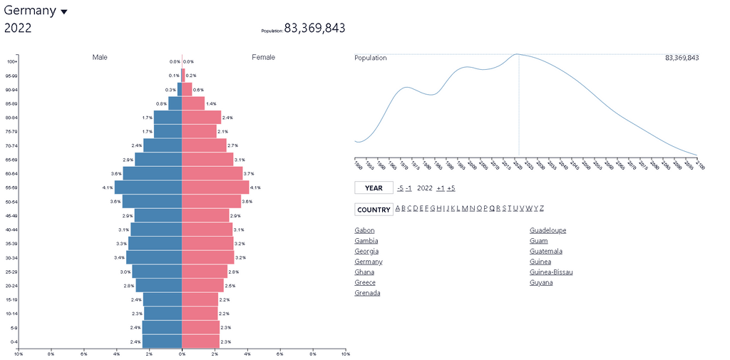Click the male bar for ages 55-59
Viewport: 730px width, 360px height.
tap(148, 187)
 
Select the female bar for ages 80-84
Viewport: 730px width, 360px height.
tap(201, 118)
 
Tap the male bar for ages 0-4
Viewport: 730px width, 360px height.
tap(162, 342)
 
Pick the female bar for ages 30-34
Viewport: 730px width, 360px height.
tap(208, 257)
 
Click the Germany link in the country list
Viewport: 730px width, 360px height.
tap(368, 262)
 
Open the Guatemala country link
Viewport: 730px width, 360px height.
tap(545, 251)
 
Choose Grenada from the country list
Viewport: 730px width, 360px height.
tap(367, 293)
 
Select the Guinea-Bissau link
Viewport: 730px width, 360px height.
tap(551, 272)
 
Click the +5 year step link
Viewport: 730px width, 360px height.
tap(451, 188)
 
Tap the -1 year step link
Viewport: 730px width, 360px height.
tap(408, 188)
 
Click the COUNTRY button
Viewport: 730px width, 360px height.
tap(374, 210)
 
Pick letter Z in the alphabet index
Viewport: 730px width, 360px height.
tap(542, 208)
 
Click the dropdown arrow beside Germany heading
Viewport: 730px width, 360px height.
tap(64, 12)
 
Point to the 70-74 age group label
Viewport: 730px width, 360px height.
tap(11, 146)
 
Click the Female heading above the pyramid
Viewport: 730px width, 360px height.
tap(263, 57)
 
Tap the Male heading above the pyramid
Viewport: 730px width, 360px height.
tap(100, 57)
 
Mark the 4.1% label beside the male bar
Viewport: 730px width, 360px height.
tap(108, 187)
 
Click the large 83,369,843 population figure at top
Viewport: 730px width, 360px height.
tap(314, 28)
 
